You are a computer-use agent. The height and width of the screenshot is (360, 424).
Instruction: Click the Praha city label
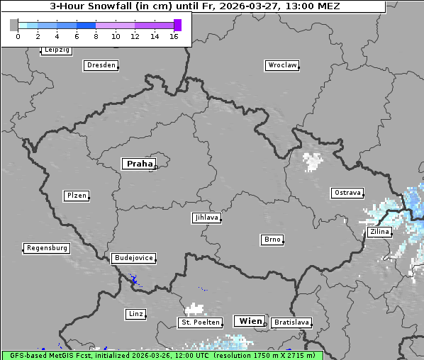tap(139, 164)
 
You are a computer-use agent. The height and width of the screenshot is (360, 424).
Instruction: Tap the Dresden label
tap(100, 65)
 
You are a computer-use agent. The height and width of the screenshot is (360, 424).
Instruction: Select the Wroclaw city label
tap(281, 65)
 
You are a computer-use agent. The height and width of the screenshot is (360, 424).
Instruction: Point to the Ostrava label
tap(347, 193)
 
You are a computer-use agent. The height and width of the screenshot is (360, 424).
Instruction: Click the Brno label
tap(272, 240)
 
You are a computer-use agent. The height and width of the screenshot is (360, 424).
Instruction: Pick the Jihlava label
tap(206, 218)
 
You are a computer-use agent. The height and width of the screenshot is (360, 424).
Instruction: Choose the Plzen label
tap(76, 196)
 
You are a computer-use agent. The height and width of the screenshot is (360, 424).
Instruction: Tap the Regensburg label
tap(47, 248)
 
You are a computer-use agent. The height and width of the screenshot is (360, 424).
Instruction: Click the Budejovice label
tap(133, 258)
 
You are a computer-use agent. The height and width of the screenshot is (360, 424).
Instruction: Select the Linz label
tap(135, 313)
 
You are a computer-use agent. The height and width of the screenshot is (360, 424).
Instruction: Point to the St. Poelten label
tap(200, 322)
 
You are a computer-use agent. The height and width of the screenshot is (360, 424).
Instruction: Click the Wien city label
tap(250, 321)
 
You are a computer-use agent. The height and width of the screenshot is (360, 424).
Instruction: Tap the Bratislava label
tap(291, 322)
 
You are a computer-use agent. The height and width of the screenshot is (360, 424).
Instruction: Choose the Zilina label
tap(378, 232)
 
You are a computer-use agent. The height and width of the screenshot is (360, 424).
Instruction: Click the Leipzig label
tap(56, 50)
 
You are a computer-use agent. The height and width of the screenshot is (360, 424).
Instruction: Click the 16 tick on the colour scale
tap(174, 36)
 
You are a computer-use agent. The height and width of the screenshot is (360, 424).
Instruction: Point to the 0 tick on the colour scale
tap(18, 36)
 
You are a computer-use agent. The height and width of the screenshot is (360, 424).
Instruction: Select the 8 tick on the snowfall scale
tap(96, 36)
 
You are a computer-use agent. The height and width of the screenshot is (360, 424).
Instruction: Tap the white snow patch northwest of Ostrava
tap(312, 162)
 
